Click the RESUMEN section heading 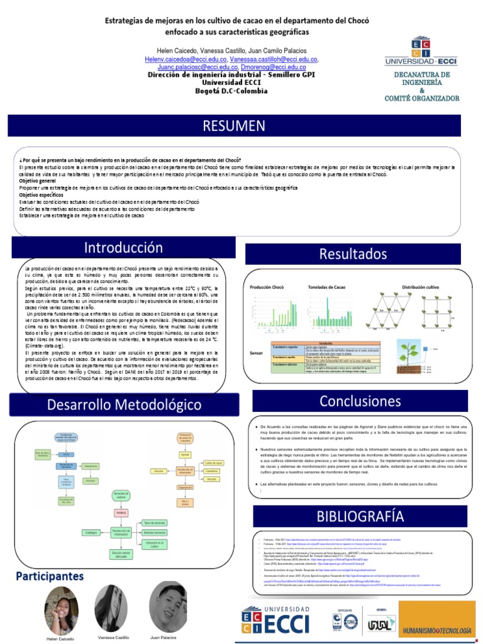click(x=233, y=126)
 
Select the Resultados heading click(x=353, y=253)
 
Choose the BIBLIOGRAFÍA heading click(x=360, y=516)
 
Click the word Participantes click(x=50, y=576)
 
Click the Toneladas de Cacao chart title click(x=326, y=287)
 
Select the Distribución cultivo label click(x=420, y=287)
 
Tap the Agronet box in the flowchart click(x=185, y=453)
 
